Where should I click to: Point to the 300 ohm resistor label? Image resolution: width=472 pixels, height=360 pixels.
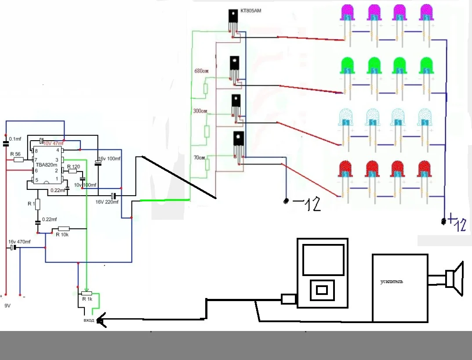click(200, 111)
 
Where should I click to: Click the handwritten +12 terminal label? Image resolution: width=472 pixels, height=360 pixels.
click(456, 224)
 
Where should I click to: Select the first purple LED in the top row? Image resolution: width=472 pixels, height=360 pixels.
click(349, 13)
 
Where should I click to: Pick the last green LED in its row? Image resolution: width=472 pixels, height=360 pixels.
click(426, 66)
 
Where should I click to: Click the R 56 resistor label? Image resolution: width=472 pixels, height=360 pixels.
click(15, 154)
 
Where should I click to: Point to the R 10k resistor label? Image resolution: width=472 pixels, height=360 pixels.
click(62, 234)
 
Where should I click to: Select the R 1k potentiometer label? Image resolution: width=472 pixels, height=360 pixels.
click(87, 299)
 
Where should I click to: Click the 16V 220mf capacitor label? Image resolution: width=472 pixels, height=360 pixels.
click(107, 202)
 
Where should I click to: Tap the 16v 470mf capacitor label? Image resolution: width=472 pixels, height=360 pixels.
click(20, 242)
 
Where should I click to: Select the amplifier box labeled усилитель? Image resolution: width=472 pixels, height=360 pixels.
click(399, 288)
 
